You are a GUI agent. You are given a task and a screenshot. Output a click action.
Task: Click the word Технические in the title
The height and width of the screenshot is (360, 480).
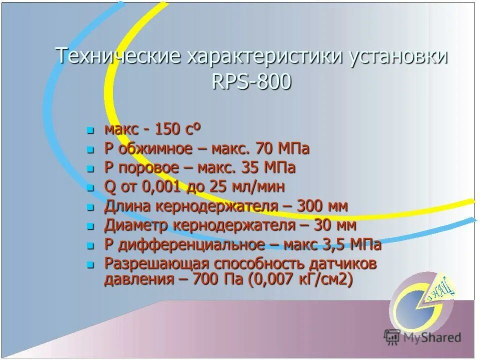pos(117,56)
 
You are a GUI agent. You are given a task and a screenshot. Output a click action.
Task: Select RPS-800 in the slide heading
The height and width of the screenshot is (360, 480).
pos(251,81)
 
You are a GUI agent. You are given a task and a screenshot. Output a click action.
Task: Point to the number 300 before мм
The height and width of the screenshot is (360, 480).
pos(312,206)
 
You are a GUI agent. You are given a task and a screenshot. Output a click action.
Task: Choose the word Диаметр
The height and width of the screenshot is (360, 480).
pos(136,225)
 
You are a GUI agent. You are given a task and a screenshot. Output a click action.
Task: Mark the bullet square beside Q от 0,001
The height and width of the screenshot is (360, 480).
pos(90,188)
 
